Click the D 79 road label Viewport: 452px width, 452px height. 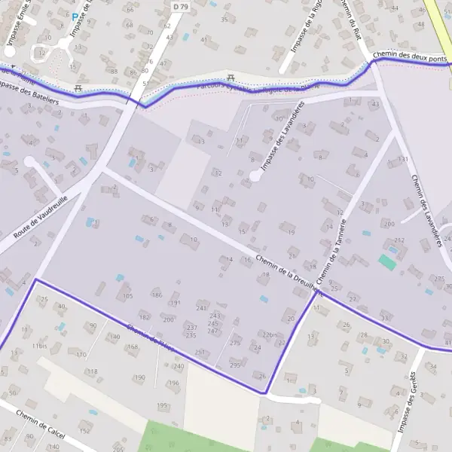(179, 6)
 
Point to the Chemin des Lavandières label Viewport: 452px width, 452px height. (426, 212)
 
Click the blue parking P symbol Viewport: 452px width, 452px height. (75, 16)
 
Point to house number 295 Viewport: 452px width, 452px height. (235, 365)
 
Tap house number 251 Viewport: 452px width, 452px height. (200, 353)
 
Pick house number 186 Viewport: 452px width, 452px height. (157, 295)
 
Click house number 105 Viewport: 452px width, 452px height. (127, 296)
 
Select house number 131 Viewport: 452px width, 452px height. (403, 159)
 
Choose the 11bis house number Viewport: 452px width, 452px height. (39, 346)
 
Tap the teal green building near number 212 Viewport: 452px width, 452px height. (386, 262)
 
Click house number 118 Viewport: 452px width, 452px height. (93, 371)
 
